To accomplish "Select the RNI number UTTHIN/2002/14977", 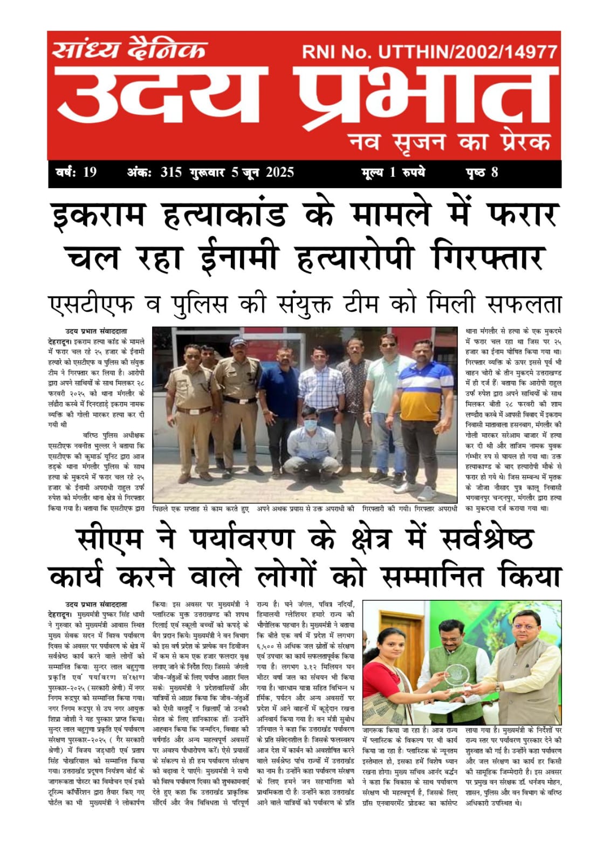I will tap(468, 52).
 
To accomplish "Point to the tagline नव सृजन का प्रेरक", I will tap(449, 142).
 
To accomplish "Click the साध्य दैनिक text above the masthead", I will tap(129, 50).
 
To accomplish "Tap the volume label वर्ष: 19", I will tap(76, 173).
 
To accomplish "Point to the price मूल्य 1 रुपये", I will tap(393, 173).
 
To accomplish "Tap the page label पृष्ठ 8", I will tap(482, 173).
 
